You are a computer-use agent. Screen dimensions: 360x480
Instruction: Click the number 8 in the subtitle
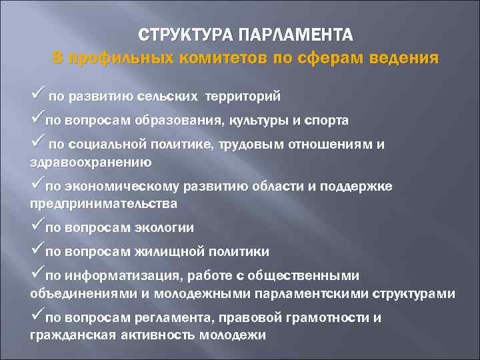tap(58, 57)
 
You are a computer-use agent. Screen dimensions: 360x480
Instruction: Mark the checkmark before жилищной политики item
tap(37, 250)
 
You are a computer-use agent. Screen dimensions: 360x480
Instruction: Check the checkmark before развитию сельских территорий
tap(37, 95)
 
